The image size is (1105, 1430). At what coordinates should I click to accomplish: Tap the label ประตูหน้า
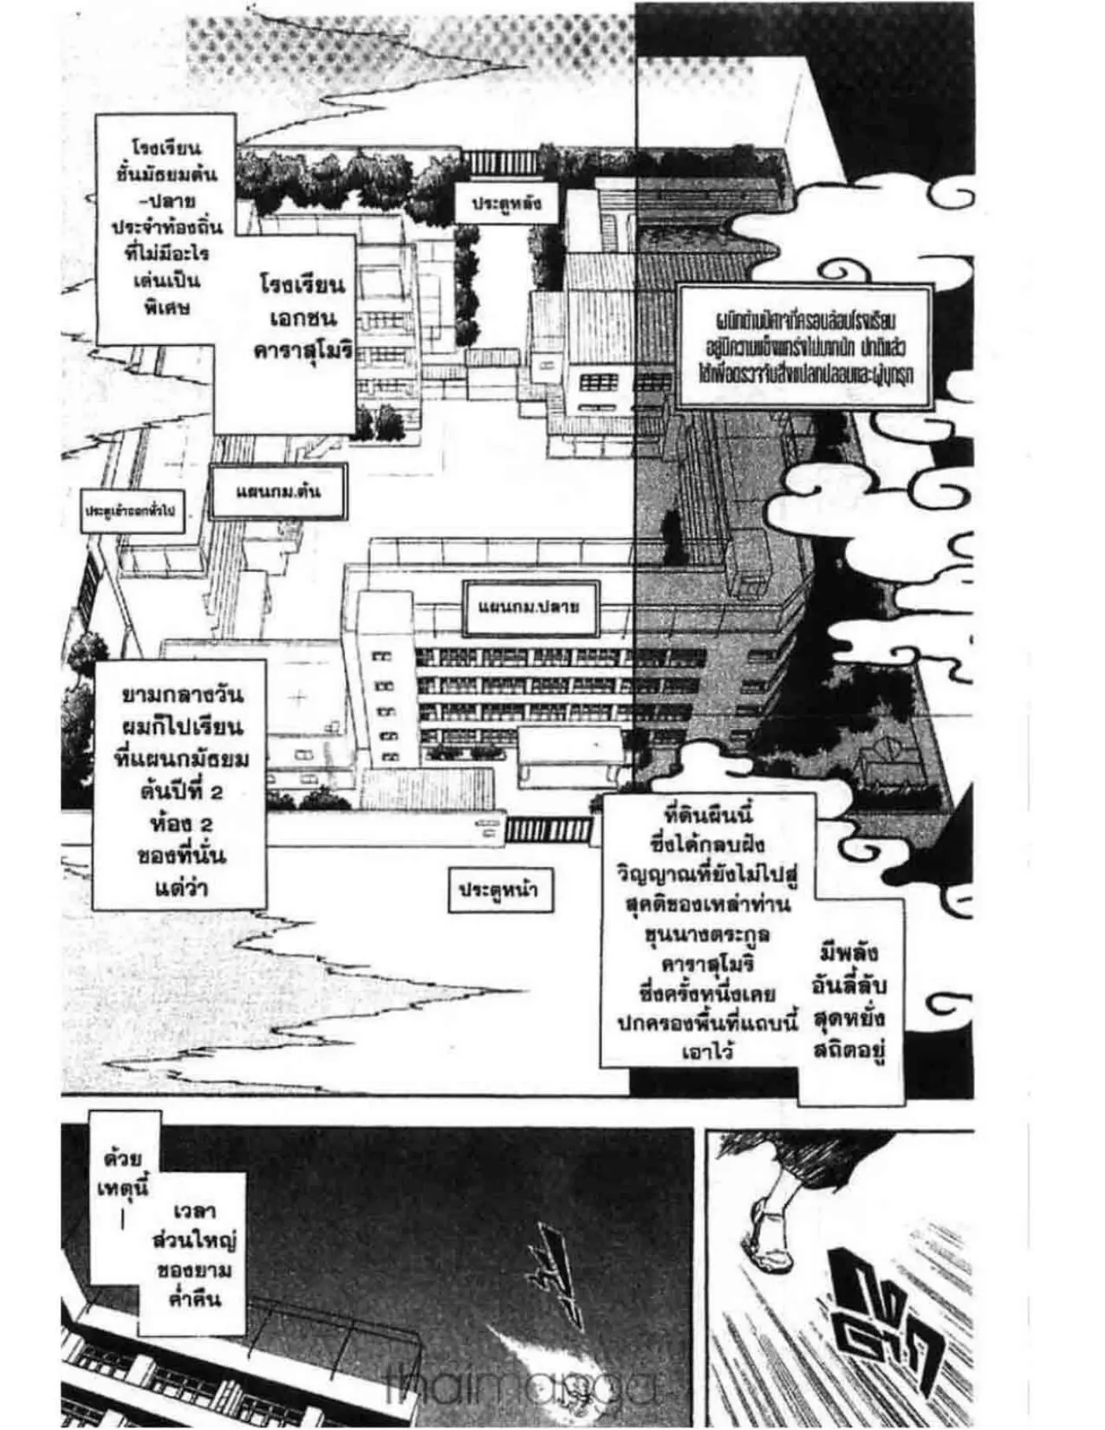pyautogui.click(x=499, y=890)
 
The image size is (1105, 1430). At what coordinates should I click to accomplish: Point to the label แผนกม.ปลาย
pyautogui.click(x=530, y=607)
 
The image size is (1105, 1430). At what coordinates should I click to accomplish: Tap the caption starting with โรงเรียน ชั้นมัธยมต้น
pyautogui.click(x=167, y=227)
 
